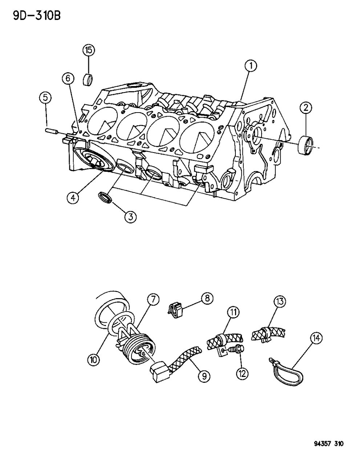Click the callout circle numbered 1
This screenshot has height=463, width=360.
click(251, 66)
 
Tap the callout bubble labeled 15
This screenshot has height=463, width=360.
click(88, 50)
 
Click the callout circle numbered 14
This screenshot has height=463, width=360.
click(316, 338)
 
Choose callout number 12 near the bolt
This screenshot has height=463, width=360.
click(241, 373)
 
